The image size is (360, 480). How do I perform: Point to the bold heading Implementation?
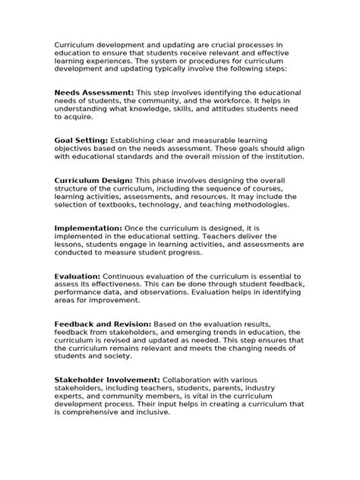point(88,228)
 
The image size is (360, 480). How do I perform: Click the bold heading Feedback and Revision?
point(103,324)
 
